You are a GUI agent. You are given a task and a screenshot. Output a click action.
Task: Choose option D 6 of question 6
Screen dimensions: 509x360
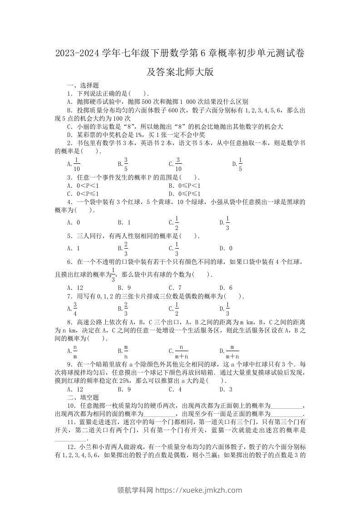(x=226, y=288)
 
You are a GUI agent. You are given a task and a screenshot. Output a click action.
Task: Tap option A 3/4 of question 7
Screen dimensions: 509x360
(x=74, y=308)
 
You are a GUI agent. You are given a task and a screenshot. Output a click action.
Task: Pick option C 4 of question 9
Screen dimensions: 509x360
(x=175, y=389)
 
